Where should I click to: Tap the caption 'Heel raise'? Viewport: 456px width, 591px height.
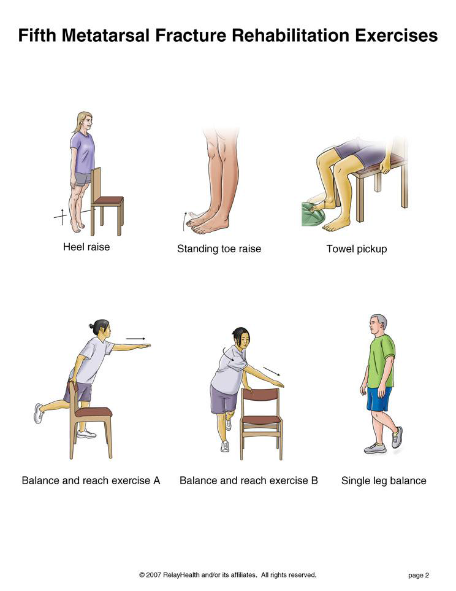tap(86, 247)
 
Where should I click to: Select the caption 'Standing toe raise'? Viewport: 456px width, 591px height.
tap(219, 249)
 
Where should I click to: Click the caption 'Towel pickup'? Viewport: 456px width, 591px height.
tap(357, 249)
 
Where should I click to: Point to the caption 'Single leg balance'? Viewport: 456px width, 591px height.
tap(384, 481)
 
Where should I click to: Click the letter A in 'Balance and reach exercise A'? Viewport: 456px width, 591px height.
tap(157, 481)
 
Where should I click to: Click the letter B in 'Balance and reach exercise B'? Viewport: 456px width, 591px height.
tap(314, 481)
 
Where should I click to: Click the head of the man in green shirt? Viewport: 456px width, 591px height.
tap(378, 326)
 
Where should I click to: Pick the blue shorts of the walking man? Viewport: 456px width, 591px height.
tap(379, 399)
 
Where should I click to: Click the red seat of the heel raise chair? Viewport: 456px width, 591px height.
tap(108, 201)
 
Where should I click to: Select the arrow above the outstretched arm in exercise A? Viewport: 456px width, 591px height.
tap(135, 339)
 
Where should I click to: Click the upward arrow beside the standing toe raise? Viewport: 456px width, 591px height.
tap(184, 221)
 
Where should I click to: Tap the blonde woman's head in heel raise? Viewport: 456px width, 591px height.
tap(85, 122)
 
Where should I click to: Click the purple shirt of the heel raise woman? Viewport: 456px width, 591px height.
tap(83, 152)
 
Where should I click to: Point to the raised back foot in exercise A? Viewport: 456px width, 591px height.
tap(39, 414)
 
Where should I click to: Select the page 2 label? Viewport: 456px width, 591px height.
tap(419, 575)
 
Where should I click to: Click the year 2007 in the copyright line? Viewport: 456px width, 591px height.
tap(153, 575)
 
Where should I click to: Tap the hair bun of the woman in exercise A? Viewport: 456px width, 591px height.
tap(92, 325)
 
